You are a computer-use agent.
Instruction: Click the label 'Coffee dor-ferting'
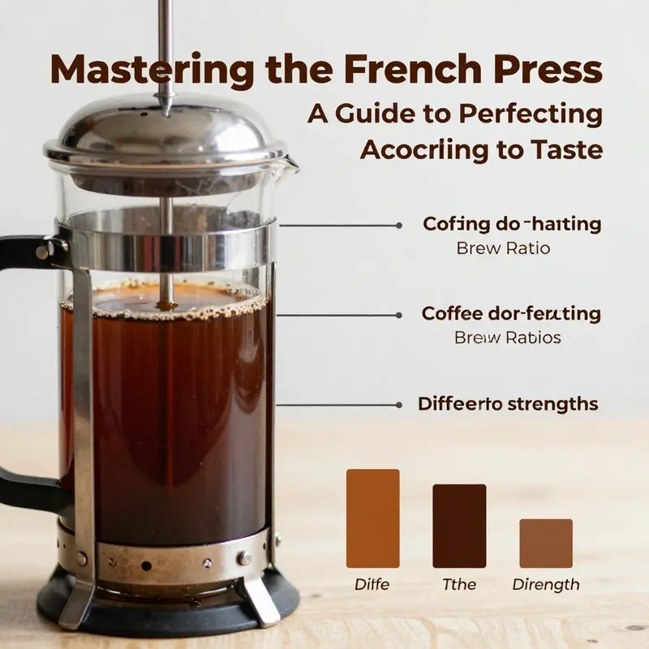tap(511, 313)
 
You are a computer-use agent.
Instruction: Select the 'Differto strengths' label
tap(508, 403)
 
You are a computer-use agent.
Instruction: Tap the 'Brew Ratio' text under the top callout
tap(503, 248)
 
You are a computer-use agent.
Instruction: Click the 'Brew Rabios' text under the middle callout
tap(507, 337)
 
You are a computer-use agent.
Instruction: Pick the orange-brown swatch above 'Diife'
tap(373, 518)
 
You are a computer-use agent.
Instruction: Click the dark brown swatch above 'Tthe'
tap(459, 526)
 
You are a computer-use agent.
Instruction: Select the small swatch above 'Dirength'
tap(545, 543)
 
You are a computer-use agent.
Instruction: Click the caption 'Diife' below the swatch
tap(372, 584)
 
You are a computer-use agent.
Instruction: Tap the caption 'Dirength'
tap(546, 584)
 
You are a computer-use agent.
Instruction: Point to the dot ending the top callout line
tap(398, 225)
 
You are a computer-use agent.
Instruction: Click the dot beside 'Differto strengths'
tap(398, 403)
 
